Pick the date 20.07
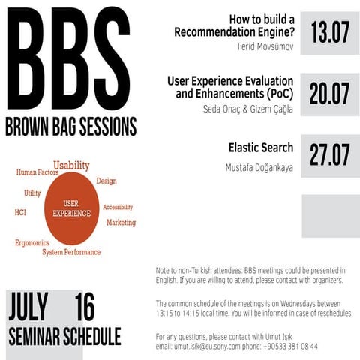330,94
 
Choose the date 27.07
330,154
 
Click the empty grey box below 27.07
330,216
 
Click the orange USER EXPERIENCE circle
72,208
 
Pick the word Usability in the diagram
71,165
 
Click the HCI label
20,212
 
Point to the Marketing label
121,223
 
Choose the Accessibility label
118,207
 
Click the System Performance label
71,253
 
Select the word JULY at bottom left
28,307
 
